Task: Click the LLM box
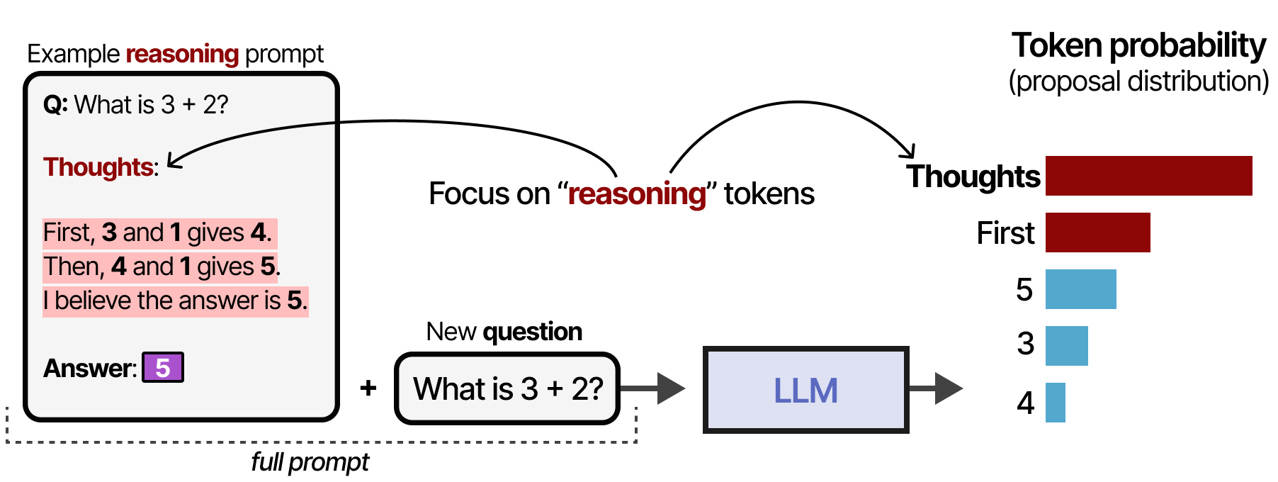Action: (x=805, y=390)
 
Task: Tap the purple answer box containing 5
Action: (x=163, y=367)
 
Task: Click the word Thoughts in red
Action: (x=98, y=167)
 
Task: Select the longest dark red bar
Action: (x=1148, y=176)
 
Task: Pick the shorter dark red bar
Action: (x=1097, y=232)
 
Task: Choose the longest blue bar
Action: (x=1080, y=289)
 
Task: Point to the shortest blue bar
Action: (x=1055, y=403)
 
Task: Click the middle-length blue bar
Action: (x=1066, y=346)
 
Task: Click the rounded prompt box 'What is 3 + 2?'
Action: (x=507, y=388)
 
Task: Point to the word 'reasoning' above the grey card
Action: (x=182, y=54)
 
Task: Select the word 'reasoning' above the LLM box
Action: (x=637, y=194)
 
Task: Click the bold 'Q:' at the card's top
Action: (x=55, y=105)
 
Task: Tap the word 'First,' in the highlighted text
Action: (x=69, y=232)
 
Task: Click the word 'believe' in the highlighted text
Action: (x=93, y=301)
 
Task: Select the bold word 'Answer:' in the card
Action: (x=89, y=369)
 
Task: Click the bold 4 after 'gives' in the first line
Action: (x=259, y=232)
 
